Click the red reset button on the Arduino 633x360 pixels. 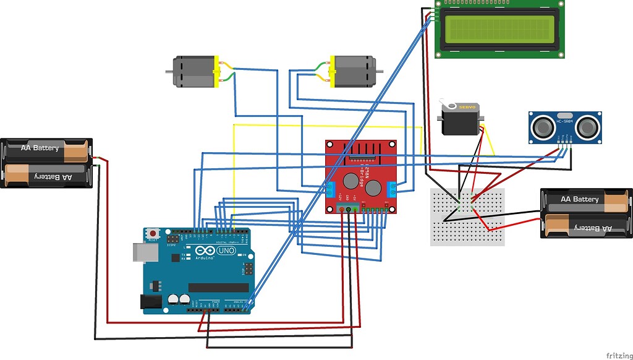click(x=153, y=233)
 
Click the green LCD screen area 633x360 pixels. click(x=499, y=29)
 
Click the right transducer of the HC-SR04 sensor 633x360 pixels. click(x=587, y=127)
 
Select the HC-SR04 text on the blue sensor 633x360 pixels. click(x=563, y=122)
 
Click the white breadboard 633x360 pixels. click(x=467, y=217)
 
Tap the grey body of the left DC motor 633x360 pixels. click(x=193, y=72)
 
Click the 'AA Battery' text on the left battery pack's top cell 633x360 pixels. click(x=40, y=148)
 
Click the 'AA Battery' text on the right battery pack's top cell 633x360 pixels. click(x=579, y=199)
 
